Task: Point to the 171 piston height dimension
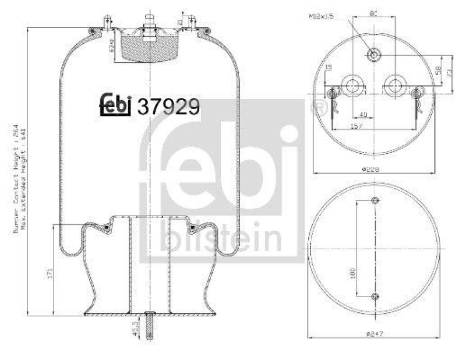coord(51,271)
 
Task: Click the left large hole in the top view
coord(351,85)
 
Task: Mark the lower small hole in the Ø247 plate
coord(374,297)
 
